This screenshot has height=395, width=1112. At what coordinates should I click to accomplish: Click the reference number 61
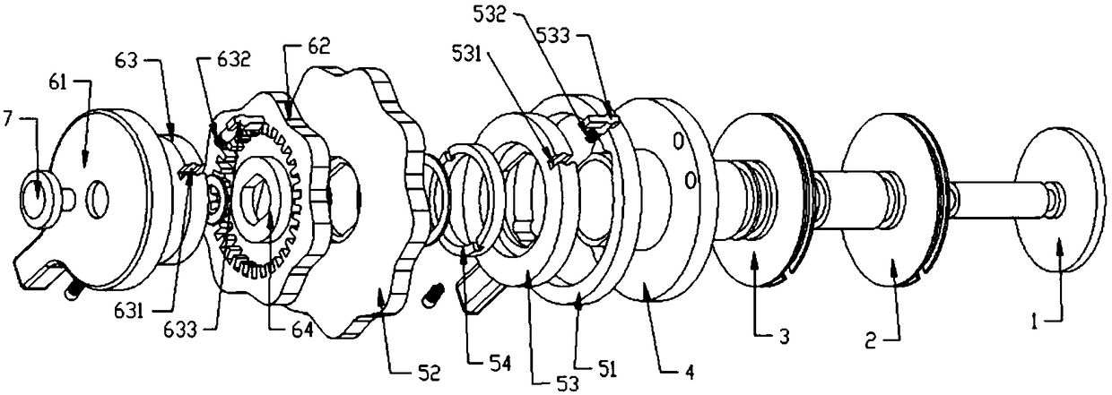(x=57, y=82)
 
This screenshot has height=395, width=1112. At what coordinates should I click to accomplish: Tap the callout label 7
(x=6, y=120)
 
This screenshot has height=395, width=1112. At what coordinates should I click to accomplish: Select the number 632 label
(x=234, y=59)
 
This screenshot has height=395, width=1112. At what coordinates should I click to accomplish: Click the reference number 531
(x=468, y=53)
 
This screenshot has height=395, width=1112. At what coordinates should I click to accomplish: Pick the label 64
(x=302, y=331)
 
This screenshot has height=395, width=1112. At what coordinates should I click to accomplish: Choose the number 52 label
(x=430, y=374)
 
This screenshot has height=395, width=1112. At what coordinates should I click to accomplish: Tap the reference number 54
(x=499, y=364)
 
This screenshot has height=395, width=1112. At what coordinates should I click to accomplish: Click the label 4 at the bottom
(x=690, y=372)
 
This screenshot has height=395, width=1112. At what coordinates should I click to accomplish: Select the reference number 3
(x=784, y=337)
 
